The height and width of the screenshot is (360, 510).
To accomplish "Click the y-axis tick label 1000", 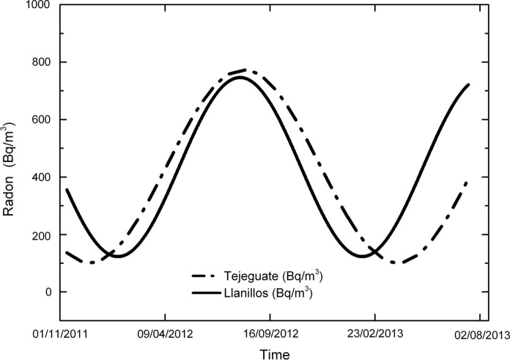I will pos(36,5).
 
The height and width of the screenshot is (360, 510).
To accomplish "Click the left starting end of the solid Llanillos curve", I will pos(67,190).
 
